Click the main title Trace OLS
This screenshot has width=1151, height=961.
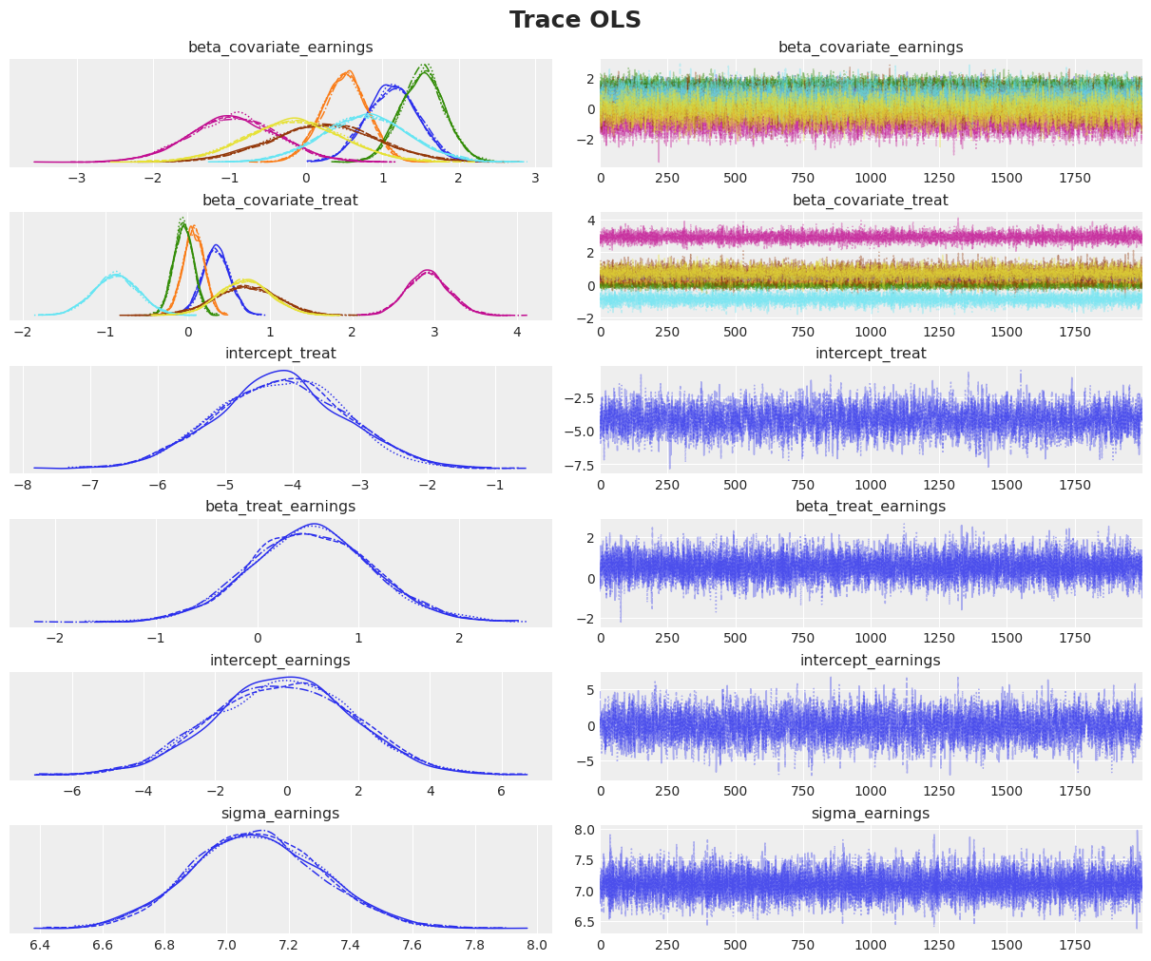pyautogui.click(x=575, y=20)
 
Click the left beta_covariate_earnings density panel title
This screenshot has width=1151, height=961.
pyautogui.click(x=280, y=47)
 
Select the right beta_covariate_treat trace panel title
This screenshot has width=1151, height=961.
pyautogui.click(x=870, y=201)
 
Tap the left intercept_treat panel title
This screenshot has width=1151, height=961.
pyautogui.click(x=280, y=354)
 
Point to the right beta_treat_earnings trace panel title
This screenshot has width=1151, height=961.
pyautogui.click(x=870, y=507)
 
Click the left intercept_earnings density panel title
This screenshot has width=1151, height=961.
pyautogui.click(x=280, y=660)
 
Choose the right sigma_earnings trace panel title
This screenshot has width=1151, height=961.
pyautogui.click(x=870, y=813)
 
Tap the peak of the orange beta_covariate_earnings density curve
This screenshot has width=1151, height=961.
pyautogui.click(x=346, y=72)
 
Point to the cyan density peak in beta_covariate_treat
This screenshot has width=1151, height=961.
pyautogui.click(x=115, y=275)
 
